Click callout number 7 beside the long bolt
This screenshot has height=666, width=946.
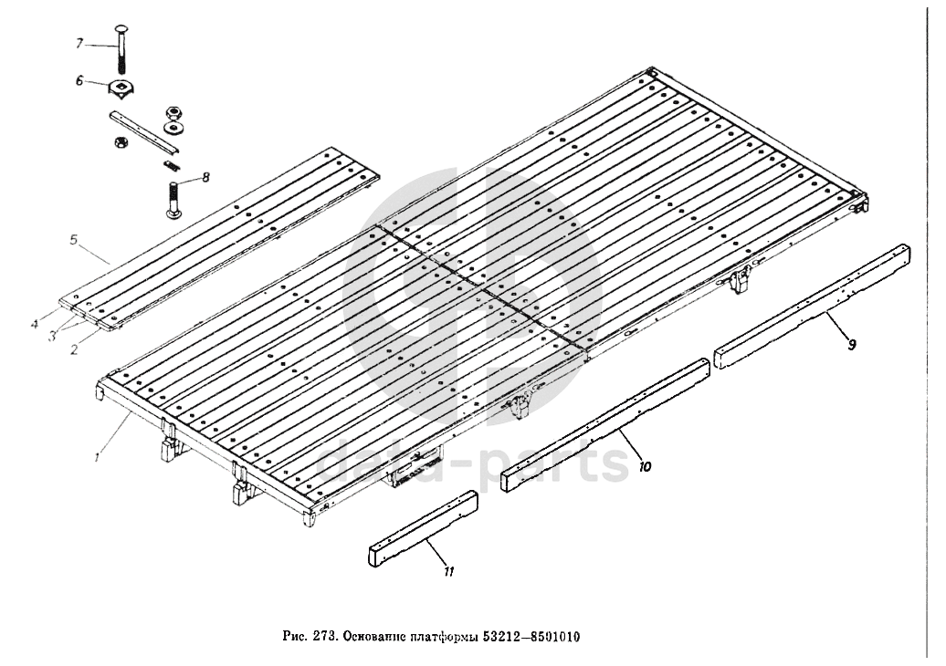coord(79,43)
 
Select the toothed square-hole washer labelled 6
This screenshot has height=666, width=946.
coord(120,89)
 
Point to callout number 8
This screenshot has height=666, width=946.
coord(206,178)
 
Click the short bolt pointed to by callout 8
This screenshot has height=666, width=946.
coord(175,200)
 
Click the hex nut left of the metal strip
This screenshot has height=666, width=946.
coord(118,141)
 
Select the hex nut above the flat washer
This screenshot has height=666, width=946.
coord(173,111)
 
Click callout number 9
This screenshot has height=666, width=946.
coord(851,345)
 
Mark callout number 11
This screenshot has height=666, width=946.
coord(448,572)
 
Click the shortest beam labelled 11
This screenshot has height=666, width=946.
coord(424,530)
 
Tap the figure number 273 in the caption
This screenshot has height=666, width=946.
coord(324,636)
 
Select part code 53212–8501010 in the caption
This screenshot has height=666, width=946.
coord(540,636)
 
